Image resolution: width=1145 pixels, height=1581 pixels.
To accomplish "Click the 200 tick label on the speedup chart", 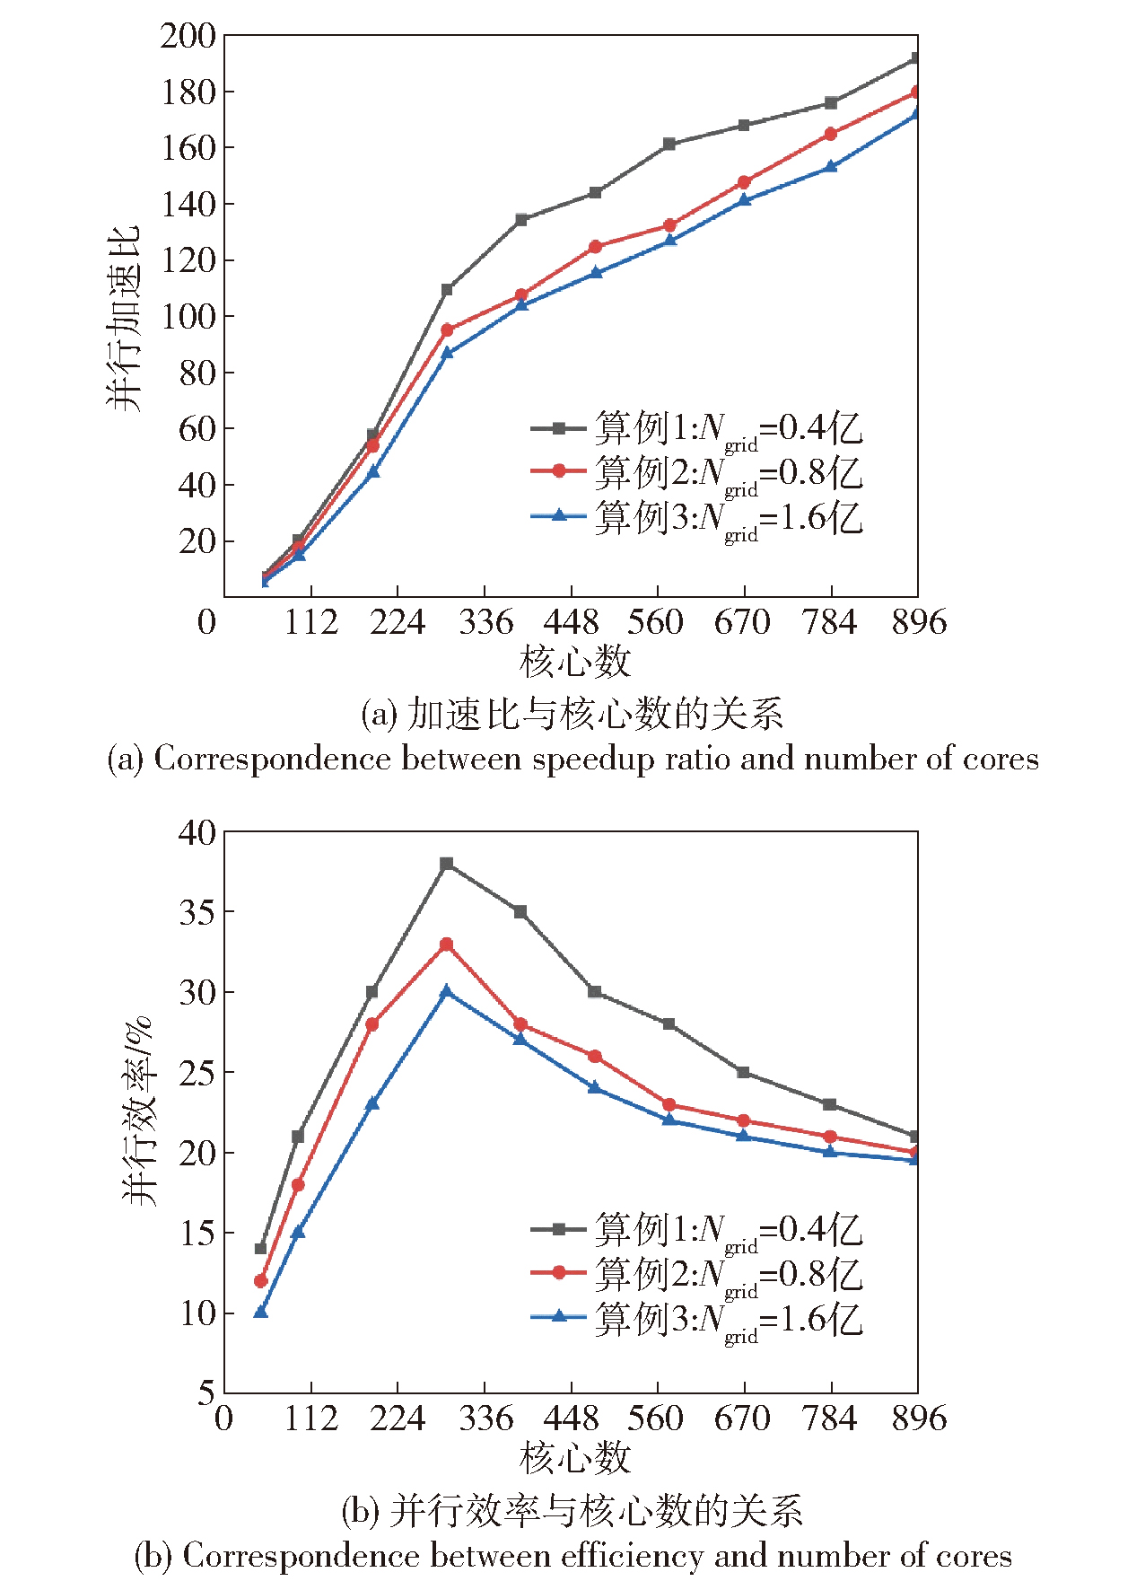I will (x=188, y=37).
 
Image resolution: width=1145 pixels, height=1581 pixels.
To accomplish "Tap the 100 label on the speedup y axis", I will (x=188, y=317).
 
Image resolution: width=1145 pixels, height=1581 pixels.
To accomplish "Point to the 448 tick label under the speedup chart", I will (x=571, y=622).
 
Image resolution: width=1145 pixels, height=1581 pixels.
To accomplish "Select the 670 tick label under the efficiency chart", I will (x=742, y=1419).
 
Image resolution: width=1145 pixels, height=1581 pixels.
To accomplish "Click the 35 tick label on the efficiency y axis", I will (x=197, y=912).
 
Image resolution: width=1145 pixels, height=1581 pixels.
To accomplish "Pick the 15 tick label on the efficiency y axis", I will (x=197, y=1234).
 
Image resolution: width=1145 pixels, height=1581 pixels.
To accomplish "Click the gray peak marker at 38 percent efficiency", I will (x=447, y=864).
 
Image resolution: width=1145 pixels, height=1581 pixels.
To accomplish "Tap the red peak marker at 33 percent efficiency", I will (x=446, y=944).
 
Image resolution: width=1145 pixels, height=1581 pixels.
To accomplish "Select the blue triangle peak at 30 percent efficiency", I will (x=446, y=991).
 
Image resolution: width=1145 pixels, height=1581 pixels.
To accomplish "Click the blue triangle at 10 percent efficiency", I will (x=261, y=1313).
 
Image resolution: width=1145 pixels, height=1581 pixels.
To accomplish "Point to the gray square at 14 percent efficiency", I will (x=261, y=1249).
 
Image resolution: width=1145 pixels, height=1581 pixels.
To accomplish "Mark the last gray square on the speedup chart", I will (x=915, y=58).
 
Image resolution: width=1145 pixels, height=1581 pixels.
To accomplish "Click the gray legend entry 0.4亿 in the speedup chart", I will (x=696, y=429).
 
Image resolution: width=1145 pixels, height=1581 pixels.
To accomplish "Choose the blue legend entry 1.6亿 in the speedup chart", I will (x=696, y=518).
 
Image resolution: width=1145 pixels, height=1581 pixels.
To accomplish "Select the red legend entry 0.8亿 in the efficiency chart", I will (x=696, y=1275).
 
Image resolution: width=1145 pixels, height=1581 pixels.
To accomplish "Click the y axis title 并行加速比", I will (x=124, y=319).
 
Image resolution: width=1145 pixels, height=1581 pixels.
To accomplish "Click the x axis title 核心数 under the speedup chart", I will (x=574, y=663).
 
